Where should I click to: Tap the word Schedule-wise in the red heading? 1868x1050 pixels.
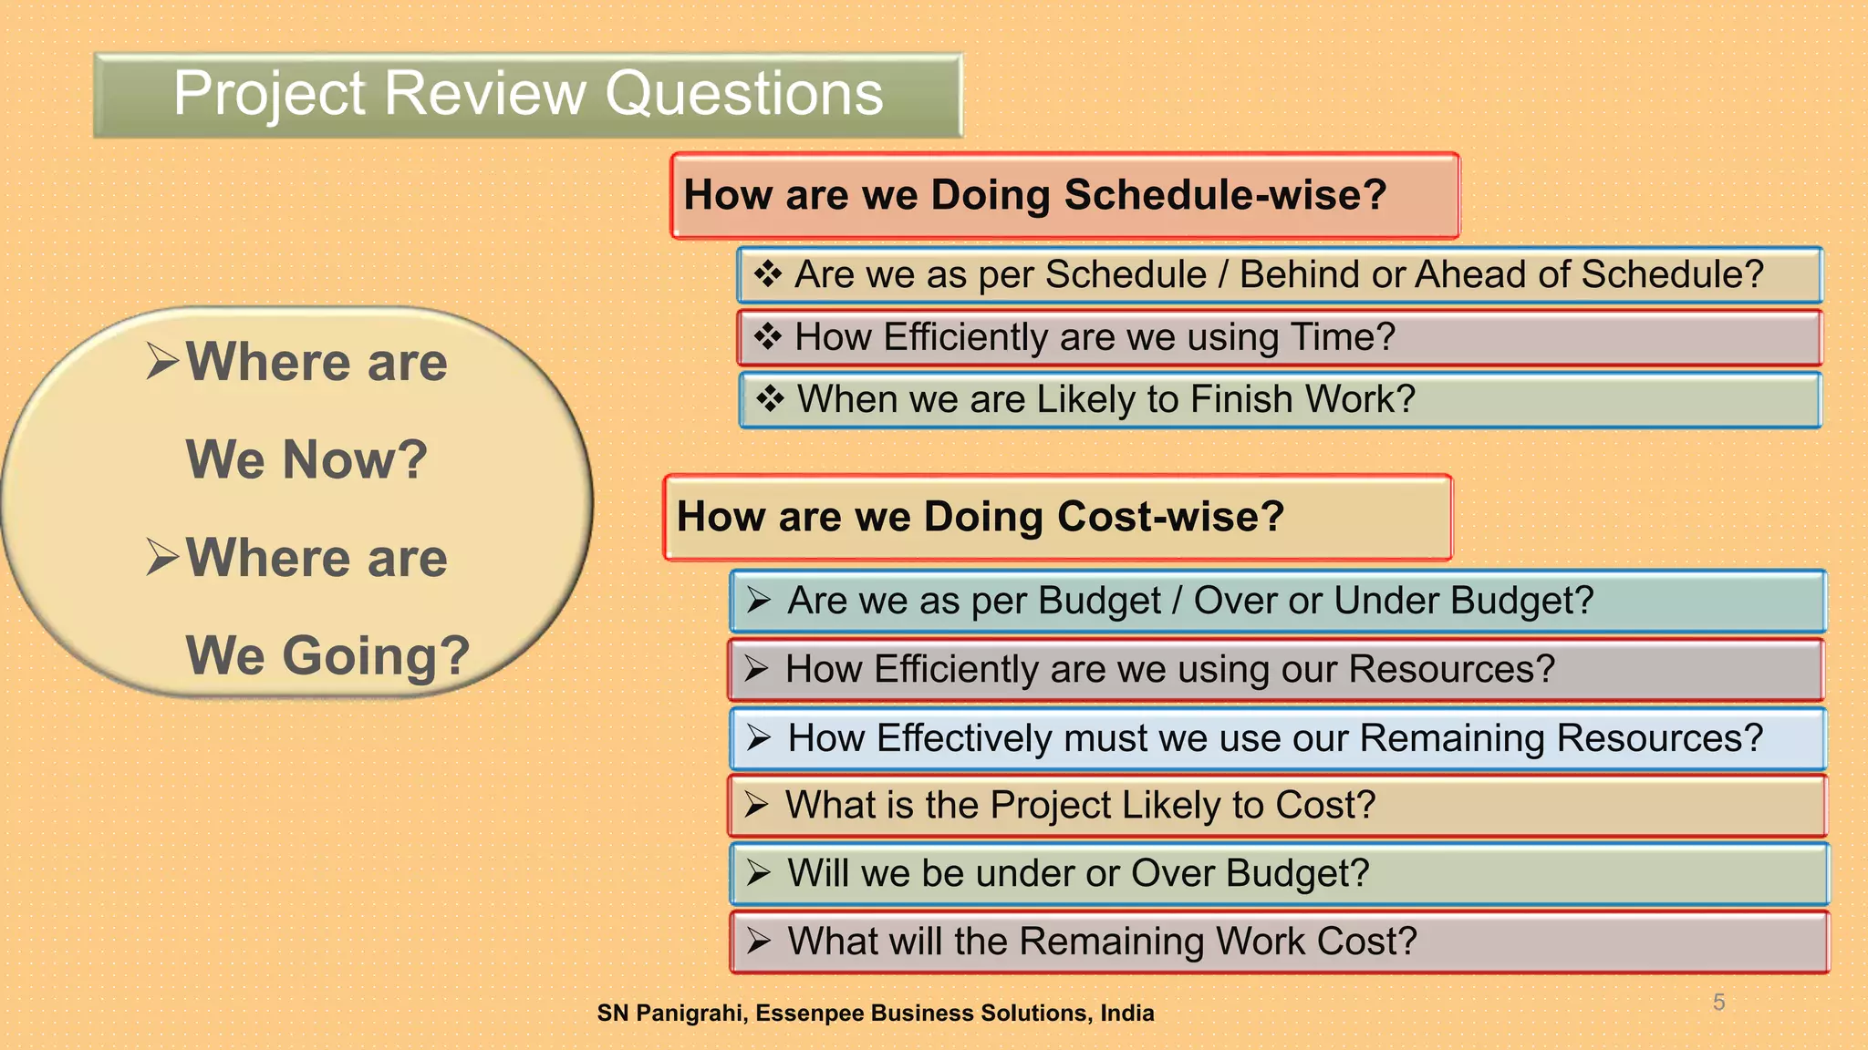[x=1225, y=195]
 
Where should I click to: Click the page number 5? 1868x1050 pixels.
[x=1718, y=1003]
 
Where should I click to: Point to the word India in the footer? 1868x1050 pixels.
[x=1127, y=1014]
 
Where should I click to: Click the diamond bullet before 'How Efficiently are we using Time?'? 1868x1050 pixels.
[x=767, y=336]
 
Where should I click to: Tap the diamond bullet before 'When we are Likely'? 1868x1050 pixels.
[x=770, y=398]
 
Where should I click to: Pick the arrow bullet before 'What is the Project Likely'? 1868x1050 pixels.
[x=756, y=805]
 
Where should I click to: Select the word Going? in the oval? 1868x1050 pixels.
[x=375, y=655]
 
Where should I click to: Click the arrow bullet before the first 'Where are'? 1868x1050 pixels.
[x=162, y=362]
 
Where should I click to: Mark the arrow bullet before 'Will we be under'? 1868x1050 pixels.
[x=758, y=873]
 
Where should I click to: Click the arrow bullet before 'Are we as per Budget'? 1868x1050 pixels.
[x=759, y=601]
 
